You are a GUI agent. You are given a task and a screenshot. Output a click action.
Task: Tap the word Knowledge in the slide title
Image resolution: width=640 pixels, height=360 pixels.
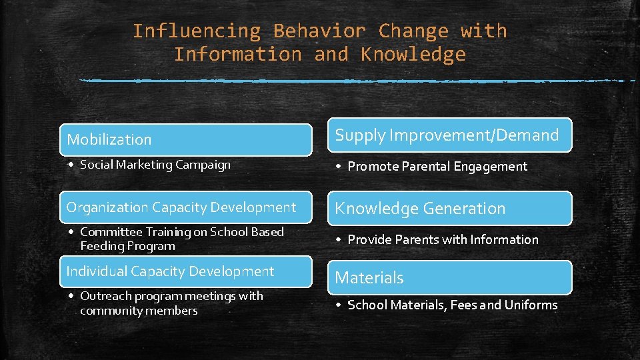coord(413,55)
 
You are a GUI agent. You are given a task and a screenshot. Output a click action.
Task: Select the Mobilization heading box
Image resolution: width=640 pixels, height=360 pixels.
coord(185,139)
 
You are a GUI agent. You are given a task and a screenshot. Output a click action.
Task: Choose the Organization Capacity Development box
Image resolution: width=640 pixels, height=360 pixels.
coord(185,207)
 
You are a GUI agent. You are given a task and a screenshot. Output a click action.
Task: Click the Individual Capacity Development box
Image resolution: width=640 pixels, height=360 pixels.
coord(185,271)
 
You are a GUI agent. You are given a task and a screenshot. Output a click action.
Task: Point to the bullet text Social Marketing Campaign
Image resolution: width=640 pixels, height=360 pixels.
coord(155,165)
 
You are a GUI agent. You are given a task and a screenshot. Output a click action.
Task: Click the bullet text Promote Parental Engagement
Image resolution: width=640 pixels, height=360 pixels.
coord(437,167)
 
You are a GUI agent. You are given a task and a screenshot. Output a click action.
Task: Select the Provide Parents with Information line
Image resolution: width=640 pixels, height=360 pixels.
coord(443,239)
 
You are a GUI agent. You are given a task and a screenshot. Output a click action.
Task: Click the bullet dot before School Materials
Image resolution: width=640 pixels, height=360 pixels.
coord(339,305)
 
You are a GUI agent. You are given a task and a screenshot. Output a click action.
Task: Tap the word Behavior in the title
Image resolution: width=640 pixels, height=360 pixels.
coord(319,31)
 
